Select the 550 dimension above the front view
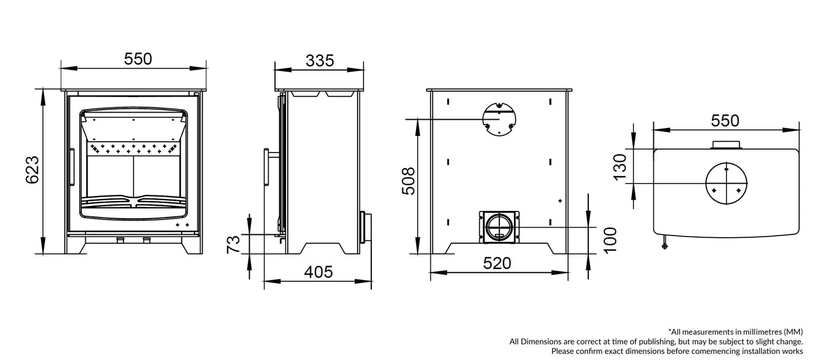[138, 59]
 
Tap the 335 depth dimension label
[319, 60]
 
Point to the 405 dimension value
[318, 272]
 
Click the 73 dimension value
[234, 244]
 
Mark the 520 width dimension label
[497, 263]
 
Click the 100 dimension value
[610, 240]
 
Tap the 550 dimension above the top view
[725, 120]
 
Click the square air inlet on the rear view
[499, 227]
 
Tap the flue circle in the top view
[726, 182]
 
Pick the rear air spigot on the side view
[363, 227]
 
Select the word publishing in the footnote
[654, 342]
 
